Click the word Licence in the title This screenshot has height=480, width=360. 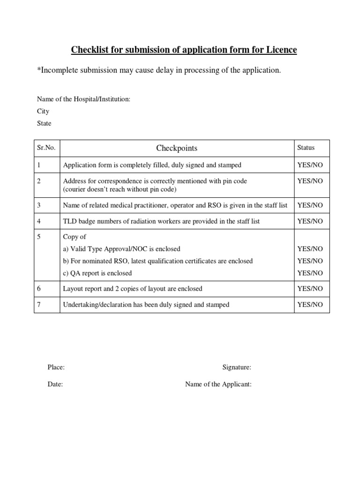pyautogui.click(x=282, y=50)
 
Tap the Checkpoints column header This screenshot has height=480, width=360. pyautogui.click(x=177, y=148)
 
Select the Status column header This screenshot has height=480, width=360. pyautogui.click(x=306, y=148)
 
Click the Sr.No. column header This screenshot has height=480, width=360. pyautogui.click(x=46, y=148)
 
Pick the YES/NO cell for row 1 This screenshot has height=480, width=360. pyautogui.click(x=310, y=165)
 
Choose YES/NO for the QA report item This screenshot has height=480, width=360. pyautogui.click(x=310, y=273)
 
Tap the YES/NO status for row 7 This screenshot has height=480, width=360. pyautogui.click(x=310, y=305)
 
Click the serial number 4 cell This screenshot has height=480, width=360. pyautogui.click(x=39, y=221)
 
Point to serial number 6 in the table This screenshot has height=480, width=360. pyautogui.click(x=39, y=289)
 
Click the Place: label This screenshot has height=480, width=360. pyautogui.click(x=56, y=367)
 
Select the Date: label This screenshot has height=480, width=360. pyautogui.click(x=55, y=384)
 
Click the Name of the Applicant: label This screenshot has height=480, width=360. pyautogui.click(x=218, y=384)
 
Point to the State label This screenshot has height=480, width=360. pyautogui.click(x=44, y=124)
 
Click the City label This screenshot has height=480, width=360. pyautogui.click(x=43, y=112)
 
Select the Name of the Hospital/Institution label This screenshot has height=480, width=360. pyautogui.click(x=83, y=99)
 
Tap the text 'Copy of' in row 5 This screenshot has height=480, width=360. pyautogui.click(x=75, y=237)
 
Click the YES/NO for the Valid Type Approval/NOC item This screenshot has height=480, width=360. pyautogui.click(x=310, y=249)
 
